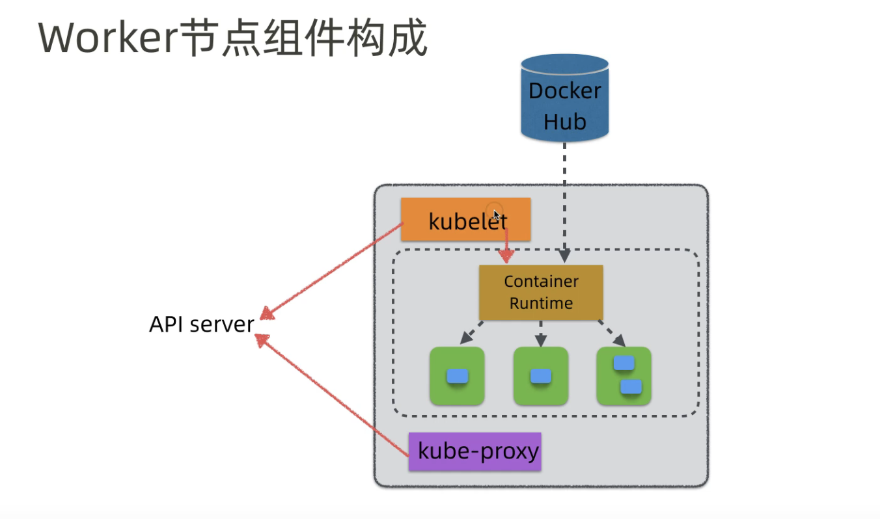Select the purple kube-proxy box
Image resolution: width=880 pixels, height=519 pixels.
click(x=474, y=451)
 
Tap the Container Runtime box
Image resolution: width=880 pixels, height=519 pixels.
click(x=541, y=292)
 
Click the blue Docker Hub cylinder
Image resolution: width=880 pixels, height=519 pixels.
click(x=564, y=98)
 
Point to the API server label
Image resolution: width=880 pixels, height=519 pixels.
click(x=201, y=324)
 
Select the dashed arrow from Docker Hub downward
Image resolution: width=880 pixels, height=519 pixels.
click(x=564, y=195)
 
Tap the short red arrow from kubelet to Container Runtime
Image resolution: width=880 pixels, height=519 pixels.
click(x=506, y=244)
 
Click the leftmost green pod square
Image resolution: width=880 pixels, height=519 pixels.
click(x=457, y=376)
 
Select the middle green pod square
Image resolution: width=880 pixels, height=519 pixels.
click(x=540, y=376)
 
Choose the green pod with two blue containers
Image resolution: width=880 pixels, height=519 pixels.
click(x=624, y=376)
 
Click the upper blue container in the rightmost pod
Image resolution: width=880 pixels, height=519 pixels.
click(x=624, y=363)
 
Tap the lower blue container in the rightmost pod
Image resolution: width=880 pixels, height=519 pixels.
click(x=631, y=387)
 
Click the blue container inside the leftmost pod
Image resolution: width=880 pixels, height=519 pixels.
click(x=457, y=376)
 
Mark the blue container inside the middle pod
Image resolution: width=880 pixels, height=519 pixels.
click(x=540, y=376)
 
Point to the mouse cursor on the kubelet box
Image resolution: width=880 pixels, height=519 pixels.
click(x=497, y=215)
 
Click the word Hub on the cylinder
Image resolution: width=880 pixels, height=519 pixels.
click(x=564, y=122)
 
